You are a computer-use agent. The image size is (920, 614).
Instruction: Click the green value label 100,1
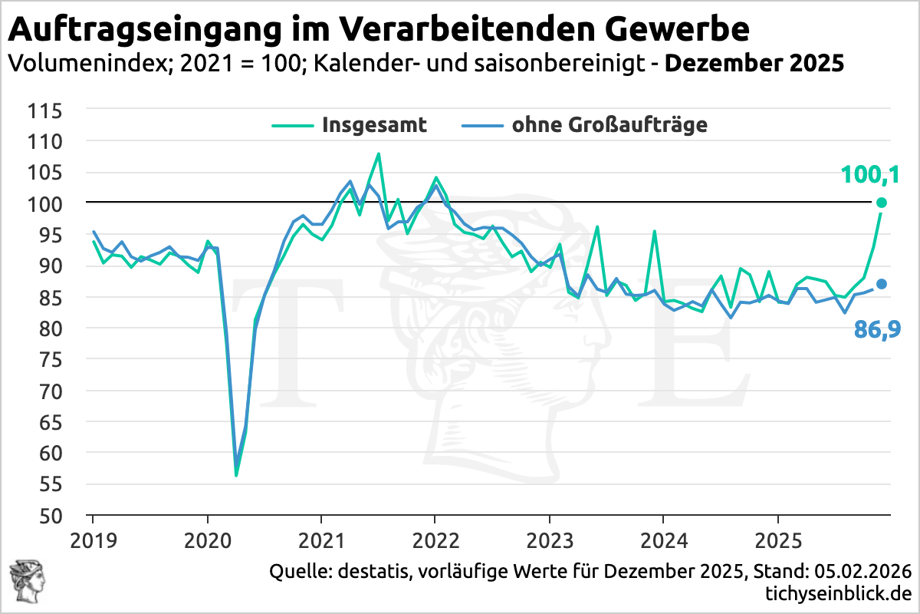click(869, 174)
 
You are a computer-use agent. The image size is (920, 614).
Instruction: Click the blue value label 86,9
click(877, 330)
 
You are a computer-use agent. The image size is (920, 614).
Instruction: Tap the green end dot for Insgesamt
click(882, 203)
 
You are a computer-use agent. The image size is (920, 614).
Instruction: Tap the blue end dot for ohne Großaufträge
click(882, 284)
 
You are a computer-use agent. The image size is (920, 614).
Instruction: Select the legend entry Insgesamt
click(374, 125)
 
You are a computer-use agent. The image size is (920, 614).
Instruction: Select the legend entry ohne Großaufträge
click(609, 125)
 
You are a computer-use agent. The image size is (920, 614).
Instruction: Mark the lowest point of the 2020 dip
click(236, 475)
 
